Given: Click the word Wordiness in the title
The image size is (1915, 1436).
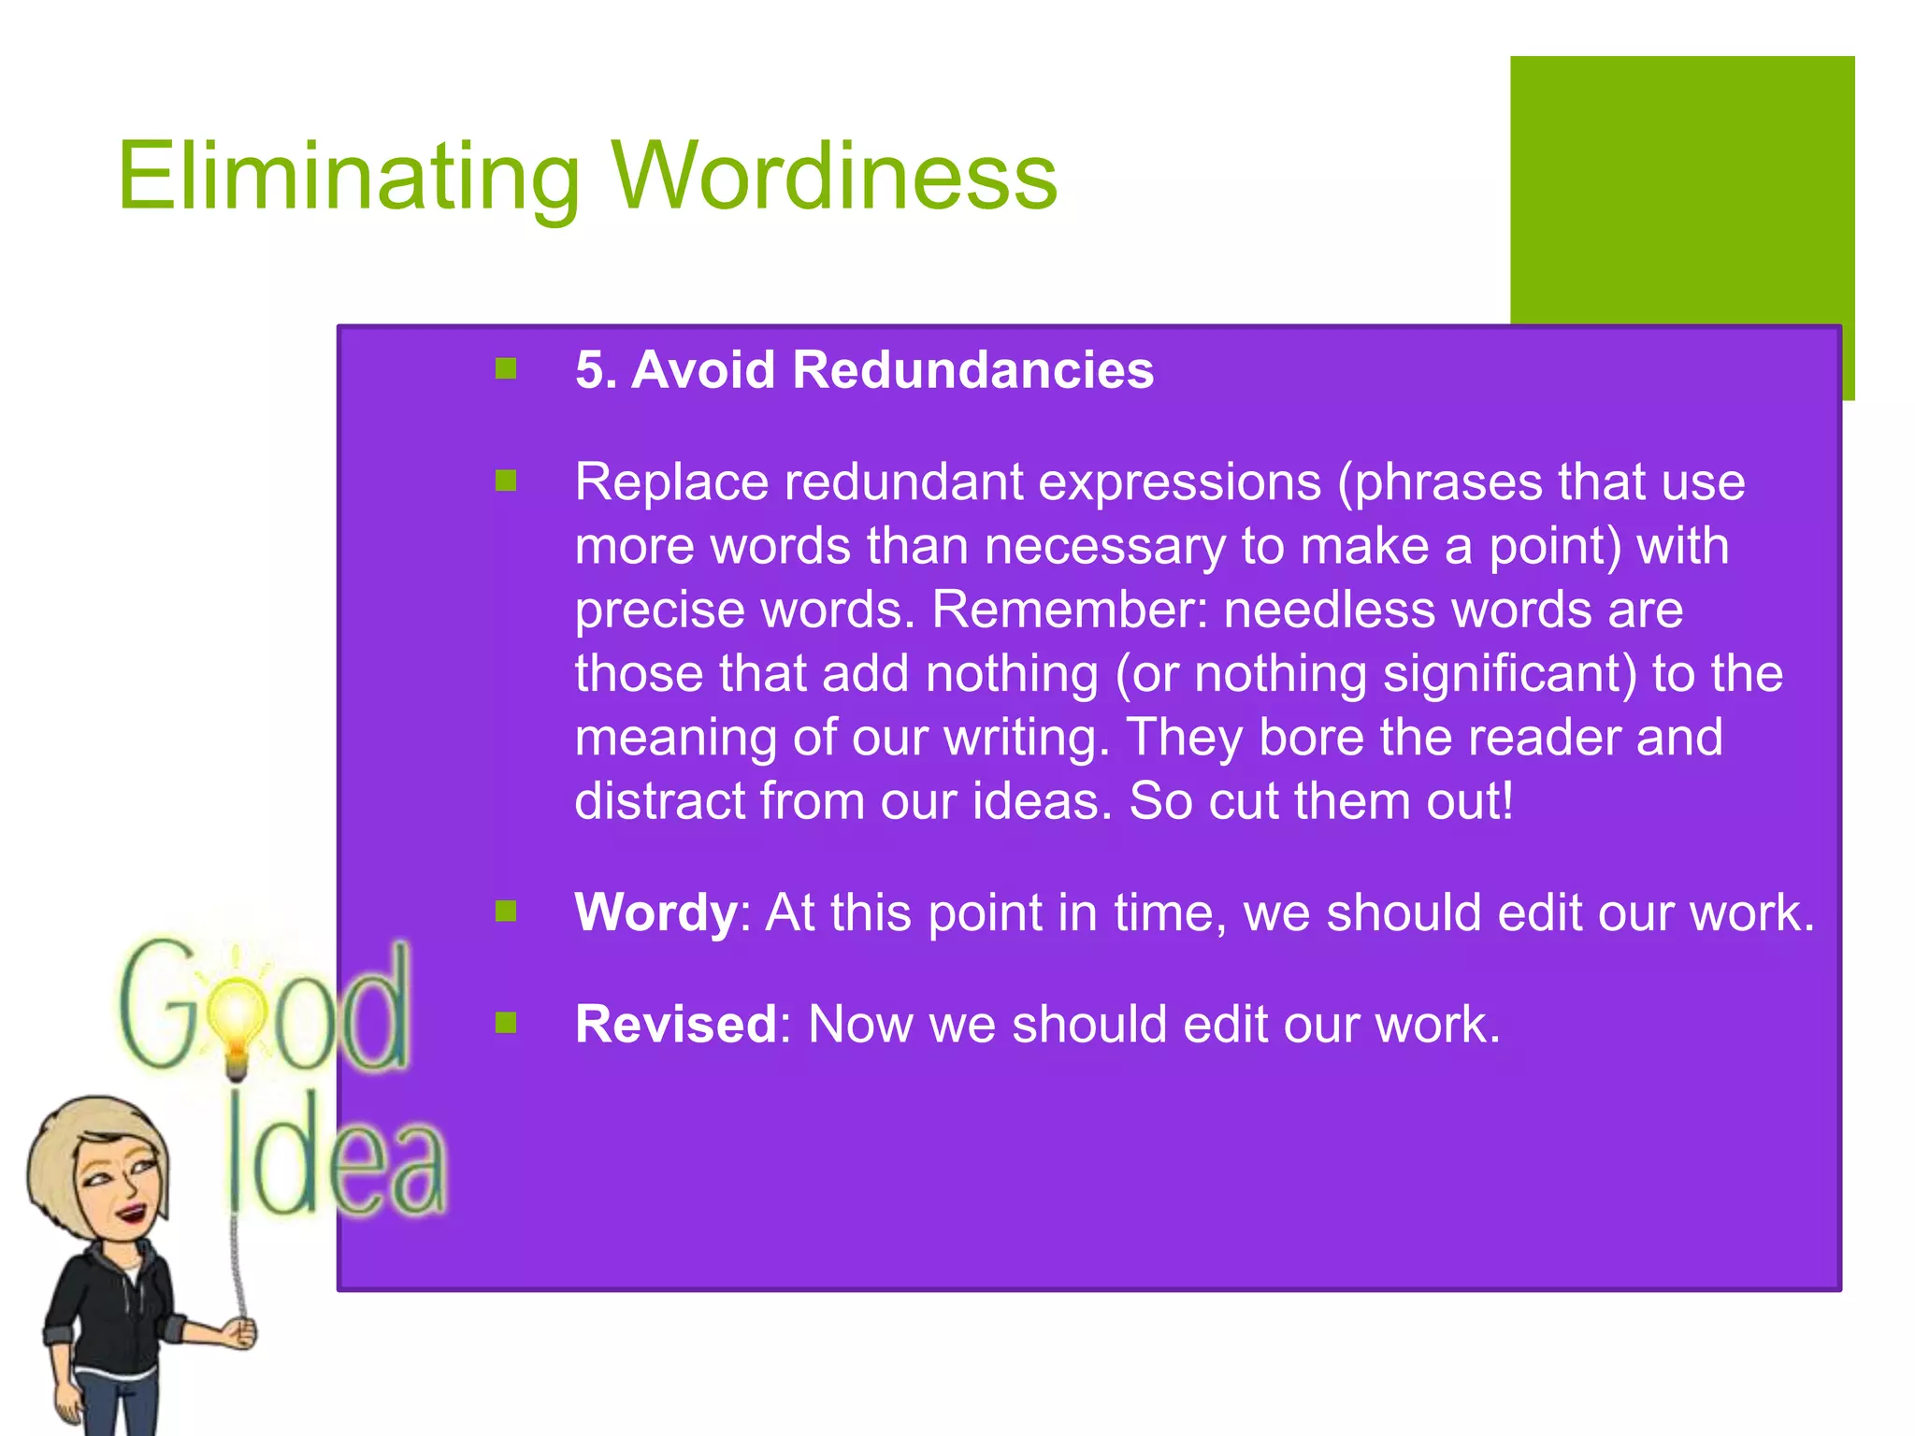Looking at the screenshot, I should tap(834, 176).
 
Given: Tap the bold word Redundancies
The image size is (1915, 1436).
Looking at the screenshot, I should tap(972, 369).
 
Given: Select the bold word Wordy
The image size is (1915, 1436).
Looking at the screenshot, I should tap(655, 912).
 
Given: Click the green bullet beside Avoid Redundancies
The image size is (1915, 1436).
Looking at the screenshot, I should tap(506, 369).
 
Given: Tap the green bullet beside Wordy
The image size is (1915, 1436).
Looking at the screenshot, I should tap(506, 912).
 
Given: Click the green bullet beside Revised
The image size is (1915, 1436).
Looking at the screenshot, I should tap(506, 1023).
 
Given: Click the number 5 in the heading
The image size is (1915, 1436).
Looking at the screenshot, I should tap(590, 369).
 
